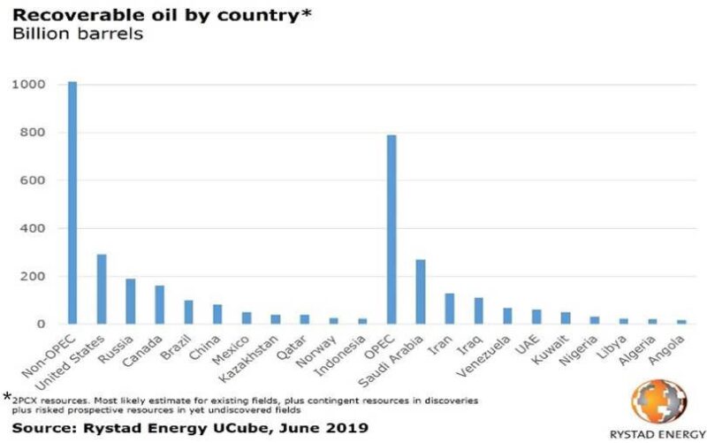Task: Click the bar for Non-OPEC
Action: [72, 202]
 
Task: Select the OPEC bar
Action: [392, 229]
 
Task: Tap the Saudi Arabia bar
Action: [421, 291]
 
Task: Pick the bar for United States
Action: [102, 289]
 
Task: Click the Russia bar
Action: [131, 301]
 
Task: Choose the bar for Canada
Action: [160, 304]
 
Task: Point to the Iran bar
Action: [450, 308]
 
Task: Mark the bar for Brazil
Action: [189, 311]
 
